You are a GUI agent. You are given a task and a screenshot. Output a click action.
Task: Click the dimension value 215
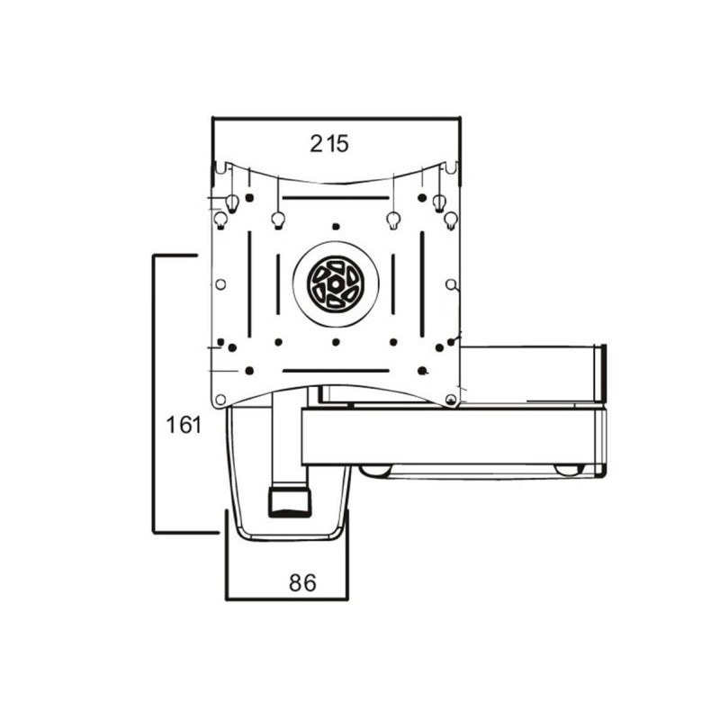point(329,143)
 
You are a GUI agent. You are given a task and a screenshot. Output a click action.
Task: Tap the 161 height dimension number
point(184,425)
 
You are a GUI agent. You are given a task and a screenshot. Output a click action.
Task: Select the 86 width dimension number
point(302,582)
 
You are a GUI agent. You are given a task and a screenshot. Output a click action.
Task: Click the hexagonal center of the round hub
point(335,282)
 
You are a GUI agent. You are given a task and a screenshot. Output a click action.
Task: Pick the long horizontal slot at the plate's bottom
point(335,370)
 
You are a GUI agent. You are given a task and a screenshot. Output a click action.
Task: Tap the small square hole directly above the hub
point(335,226)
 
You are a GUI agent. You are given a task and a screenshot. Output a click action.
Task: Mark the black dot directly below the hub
point(335,342)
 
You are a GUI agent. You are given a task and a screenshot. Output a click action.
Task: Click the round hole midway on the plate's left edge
point(220,284)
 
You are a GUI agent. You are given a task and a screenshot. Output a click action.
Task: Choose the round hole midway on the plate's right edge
point(451,284)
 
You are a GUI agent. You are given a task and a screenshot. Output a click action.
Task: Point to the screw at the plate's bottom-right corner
point(450,399)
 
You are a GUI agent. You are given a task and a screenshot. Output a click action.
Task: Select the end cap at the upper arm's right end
point(600,369)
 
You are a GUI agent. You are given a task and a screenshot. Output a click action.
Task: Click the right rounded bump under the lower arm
point(566,470)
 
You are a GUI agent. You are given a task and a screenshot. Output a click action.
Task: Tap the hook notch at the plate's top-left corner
point(219,167)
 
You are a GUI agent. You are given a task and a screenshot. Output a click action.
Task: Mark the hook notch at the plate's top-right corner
point(451,167)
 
